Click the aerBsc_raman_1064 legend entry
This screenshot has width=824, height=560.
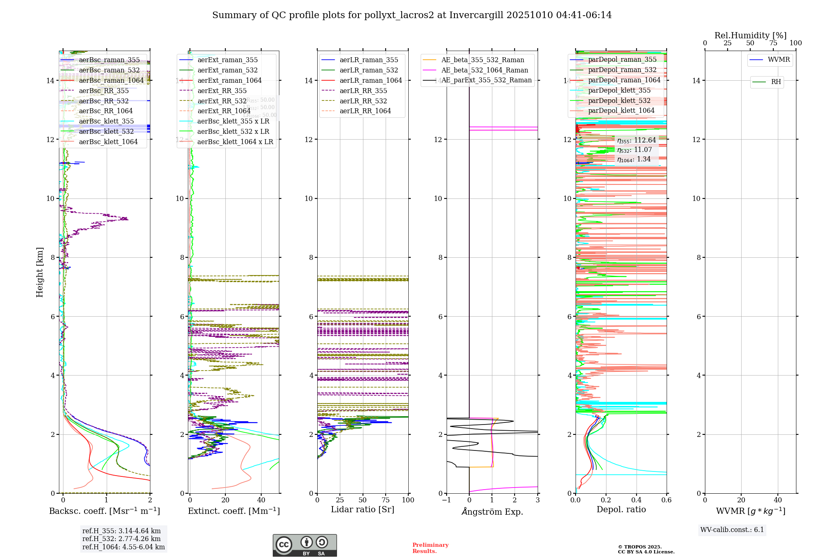coord(111,80)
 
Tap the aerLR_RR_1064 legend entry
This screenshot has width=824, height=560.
coord(365,111)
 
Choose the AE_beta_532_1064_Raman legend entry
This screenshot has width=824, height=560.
coord(485,70)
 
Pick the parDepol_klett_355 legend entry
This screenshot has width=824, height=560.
coord(619,90)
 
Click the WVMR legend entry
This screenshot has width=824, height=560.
coord(779,60)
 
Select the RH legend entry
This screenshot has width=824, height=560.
coord(776,82)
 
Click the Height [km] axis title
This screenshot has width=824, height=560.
coord(40,272)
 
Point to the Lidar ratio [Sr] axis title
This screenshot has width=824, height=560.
coord(362,509)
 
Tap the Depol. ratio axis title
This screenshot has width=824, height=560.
coord(621,509)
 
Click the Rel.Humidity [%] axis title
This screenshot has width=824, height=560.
coord(750,35)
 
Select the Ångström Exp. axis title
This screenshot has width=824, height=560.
coord(492,511)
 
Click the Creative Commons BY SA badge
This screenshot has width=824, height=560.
coord(304,546)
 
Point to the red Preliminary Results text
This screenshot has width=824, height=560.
coord(430,548)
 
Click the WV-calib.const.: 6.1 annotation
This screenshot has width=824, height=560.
coord(732,530)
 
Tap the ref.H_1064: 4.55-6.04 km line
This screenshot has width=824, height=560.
coord(123,547)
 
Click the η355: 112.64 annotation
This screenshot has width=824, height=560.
coord(636,140)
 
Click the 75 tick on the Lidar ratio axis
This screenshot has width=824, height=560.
coord(386,500)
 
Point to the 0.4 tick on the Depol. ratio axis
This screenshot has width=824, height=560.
coord(636,500)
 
